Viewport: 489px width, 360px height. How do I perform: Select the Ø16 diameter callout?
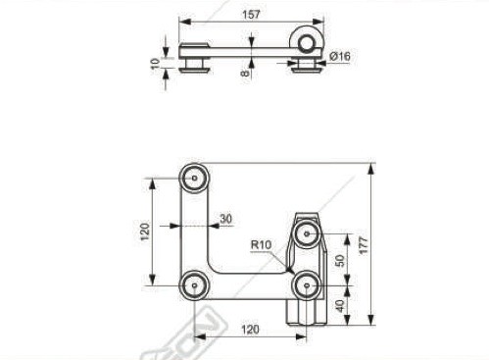[341, 57]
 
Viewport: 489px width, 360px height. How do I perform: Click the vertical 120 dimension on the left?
[144, 231]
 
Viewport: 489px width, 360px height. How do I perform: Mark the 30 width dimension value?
[225, 219]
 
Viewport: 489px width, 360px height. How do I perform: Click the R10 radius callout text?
[261, 244]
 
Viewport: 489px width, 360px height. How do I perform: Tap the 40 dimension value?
[340, 305]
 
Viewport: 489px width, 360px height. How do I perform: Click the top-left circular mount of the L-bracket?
[193, 180]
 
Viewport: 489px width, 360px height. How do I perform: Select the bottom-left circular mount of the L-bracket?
[193, 285]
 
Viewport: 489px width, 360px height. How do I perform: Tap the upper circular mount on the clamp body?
[307, 233]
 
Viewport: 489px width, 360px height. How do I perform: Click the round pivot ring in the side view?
[307, 40]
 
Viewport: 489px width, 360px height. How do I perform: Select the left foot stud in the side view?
[195, 66]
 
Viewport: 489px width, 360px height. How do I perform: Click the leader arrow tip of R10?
[292, 269]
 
